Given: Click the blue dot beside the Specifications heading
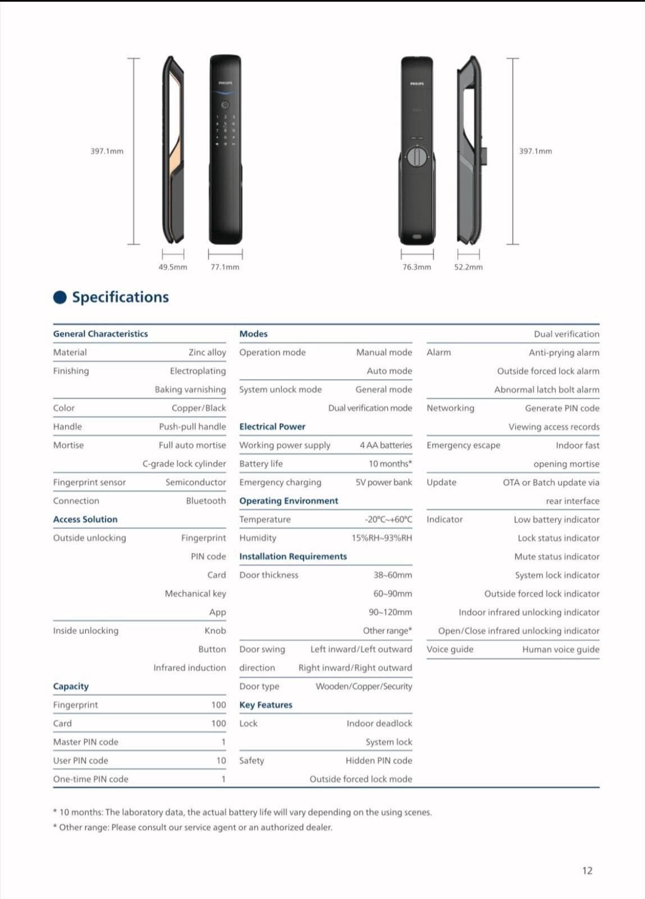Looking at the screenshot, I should (x=60, y=297).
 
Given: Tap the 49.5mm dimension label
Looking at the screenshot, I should (x=172, y=267).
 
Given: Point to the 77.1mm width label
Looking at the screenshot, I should (x=225, y=267).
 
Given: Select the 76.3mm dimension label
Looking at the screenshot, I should (x=416, y=267).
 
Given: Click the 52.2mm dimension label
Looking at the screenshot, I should (x=468, y=267).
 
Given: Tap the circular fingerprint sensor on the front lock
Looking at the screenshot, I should (x=225, y=105).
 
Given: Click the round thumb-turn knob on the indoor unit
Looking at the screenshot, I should (x=416, y=157).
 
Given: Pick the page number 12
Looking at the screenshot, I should (x=587, y=870).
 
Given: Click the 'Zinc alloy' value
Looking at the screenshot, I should (x=207, y=352).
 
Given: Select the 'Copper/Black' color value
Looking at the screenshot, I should (x=198, y=408).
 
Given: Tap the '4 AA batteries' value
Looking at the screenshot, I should (x=385, y=445).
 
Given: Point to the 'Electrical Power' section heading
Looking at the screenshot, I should (x=272, y=426).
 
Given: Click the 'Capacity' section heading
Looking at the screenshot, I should (x=71, y=686).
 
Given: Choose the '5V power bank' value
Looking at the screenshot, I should (x=383, y=482).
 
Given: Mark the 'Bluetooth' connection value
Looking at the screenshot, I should (x=206, y=501).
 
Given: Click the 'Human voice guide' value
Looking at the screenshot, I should (x=560, y=649).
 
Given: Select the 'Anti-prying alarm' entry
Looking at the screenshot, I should (x=564, y=352).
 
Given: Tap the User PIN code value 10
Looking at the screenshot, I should (x=221, y=760).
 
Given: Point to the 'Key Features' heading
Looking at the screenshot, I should (x=266, y=705).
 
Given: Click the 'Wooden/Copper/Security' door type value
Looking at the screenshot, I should (x=364, y=686).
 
